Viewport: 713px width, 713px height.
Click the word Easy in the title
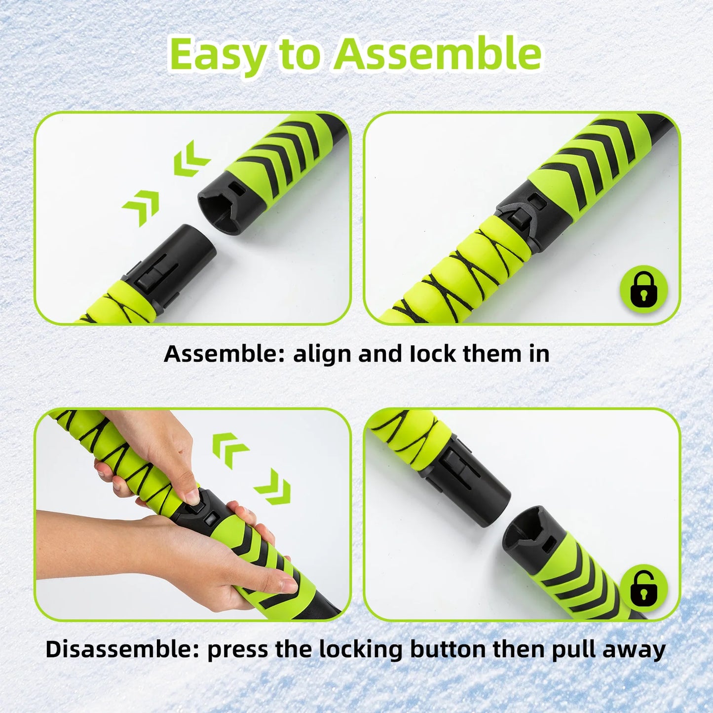pyautogui.click(x=218, y=54)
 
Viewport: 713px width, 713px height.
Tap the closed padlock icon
pyautogui.click(x=643, y=289)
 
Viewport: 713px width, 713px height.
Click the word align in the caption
pyautogui.click(x=323, y=354)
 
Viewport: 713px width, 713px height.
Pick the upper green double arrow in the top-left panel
pyautogui.click(x=191, y=157)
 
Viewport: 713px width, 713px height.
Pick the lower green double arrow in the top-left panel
pyautogui.click(x=142, y=207)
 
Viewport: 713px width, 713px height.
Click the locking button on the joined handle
pyautogui.click(x=519, y=218)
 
